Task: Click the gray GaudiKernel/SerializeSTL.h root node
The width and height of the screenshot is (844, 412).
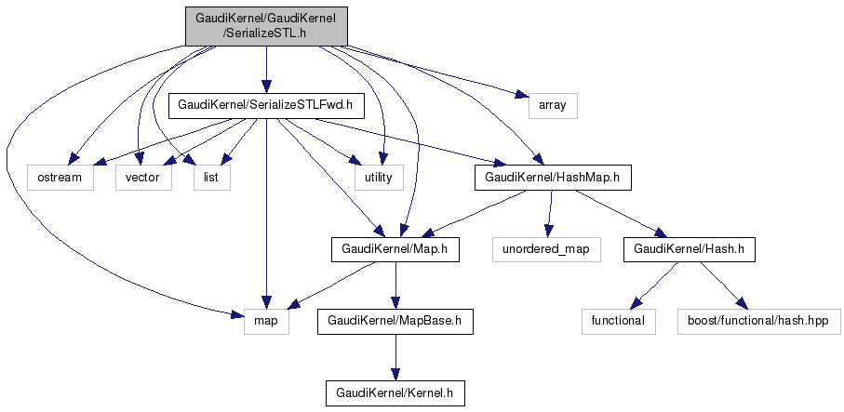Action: [x=266, y=25]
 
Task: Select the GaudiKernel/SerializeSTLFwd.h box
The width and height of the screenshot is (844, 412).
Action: [x=265, y=106]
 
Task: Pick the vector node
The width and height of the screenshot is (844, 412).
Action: [x=143, y=177]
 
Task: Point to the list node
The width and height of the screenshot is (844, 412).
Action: [x=211, y=177]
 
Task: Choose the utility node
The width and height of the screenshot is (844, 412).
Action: [x=378, y=177]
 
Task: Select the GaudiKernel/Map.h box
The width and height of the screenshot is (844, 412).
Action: [x=395, y=249]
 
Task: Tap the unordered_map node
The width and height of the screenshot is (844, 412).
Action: [x=546, y=249]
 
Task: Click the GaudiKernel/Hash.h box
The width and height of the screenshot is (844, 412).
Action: [x=689, y=249]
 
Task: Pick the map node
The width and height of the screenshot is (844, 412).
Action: [x=266, y=321]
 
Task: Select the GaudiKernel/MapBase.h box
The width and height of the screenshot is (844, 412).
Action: [x=395, y=321]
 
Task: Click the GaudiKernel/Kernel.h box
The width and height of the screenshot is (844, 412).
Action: [x=395, y=392]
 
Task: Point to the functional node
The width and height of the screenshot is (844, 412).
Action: [x=618, y=321]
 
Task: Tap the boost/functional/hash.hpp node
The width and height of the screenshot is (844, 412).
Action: [x=759, y=321]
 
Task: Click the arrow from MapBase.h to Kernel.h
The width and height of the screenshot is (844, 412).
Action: [x=395, y=357]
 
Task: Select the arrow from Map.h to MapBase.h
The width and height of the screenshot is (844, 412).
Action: [x=395, y=285]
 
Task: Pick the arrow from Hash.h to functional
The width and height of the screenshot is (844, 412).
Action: [x=653, y=285]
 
